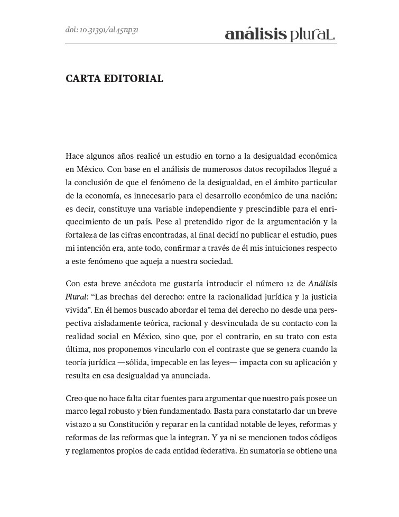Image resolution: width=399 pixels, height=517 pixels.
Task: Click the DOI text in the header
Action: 102,30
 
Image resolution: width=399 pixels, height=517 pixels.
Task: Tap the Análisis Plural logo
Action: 280,34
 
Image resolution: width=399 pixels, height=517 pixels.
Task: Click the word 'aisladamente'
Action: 116,323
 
